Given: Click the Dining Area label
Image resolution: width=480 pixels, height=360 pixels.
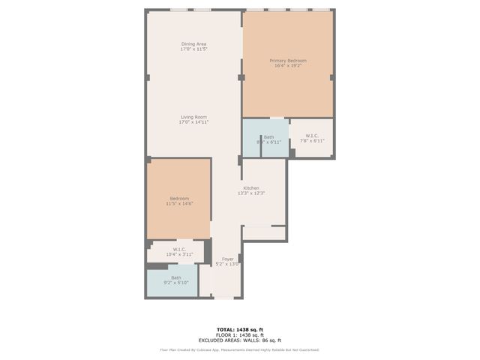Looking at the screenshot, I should [x=193, y=44].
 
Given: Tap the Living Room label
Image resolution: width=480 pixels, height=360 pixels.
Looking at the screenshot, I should [x=193, y=117].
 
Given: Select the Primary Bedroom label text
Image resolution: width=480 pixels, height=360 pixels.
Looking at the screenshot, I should [x=288, y=61].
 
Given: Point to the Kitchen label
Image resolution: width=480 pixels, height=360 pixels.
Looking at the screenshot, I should [x=250, y=188].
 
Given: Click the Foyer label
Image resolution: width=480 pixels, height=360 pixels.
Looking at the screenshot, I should [x=227, y=259].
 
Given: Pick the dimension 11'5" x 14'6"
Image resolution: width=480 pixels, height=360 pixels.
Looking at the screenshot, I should [x=178, y=203].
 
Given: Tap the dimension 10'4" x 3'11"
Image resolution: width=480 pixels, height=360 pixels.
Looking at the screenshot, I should [x=179, y=254].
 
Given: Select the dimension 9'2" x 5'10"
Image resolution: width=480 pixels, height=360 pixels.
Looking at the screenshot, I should [x=176, y=283].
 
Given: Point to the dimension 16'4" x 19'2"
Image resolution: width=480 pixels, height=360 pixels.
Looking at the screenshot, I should [x=288, y=66].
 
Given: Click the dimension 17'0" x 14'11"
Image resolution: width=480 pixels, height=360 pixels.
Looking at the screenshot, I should [x=193, y=122].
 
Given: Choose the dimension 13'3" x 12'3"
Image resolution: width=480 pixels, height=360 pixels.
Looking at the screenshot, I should [x=250, y=193].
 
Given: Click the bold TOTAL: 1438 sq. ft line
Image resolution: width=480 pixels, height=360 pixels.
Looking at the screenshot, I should [x=239, y=329].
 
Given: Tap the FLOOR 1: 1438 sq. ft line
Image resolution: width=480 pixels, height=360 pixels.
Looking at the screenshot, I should [x=239, y=334].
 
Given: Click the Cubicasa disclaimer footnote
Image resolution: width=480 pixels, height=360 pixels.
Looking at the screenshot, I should [x=239, y=349].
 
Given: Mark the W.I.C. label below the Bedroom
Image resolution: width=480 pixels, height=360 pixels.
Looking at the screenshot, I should [x=179, y=250].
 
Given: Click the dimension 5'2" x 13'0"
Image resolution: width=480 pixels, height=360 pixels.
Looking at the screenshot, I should [x=227, y=264].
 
